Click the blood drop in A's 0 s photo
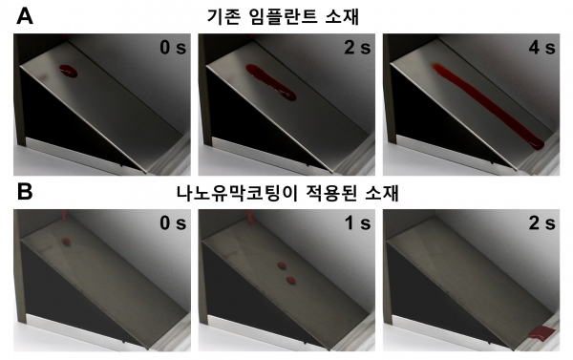(x=69, y=69)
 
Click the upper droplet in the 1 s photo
(x=282, y=266)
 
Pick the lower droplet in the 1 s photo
(x=289, y=282)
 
